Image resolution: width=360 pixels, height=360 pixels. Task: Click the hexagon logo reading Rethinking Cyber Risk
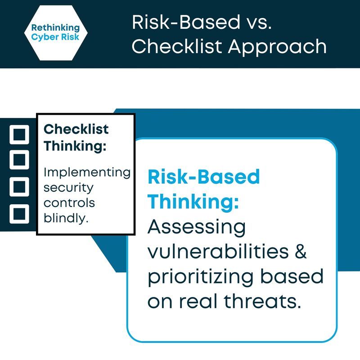point(55,32)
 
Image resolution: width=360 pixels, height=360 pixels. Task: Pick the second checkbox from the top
point(19,159)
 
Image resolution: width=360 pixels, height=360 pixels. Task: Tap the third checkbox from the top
point(19,186)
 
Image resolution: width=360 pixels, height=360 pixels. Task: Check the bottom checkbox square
point(19,212)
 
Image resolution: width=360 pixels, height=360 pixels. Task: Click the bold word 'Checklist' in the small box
point(76,130)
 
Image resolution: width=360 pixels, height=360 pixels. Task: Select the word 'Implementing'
point(87,172)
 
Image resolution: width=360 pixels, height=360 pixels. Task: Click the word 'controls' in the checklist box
point(69,202)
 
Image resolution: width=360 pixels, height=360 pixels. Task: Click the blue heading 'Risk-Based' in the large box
point(204,177)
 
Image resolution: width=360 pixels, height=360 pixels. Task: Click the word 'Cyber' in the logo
point(42,36)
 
